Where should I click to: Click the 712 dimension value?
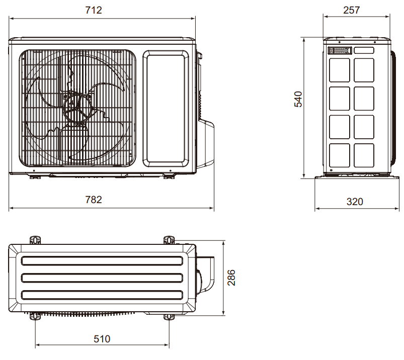tap(94, 10)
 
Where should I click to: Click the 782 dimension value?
tap(94, 200)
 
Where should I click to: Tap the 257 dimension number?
tap(352, 10)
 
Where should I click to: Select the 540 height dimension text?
tap(298, 99)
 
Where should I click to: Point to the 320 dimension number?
tap(355, 202)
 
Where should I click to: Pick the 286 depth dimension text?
tap(231, 278)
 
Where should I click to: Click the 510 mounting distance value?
tap(102, 339)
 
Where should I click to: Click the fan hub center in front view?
tap(77, 107)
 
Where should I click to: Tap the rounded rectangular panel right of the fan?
tap(166, 109)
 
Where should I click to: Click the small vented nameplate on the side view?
tap(340, 50)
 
